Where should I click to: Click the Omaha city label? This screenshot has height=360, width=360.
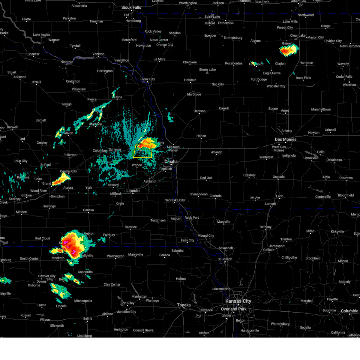(x=171, y=162)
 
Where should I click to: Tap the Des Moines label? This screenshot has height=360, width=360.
(x=286, y=139)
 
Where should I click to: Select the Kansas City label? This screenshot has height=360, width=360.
(x=238, y=301)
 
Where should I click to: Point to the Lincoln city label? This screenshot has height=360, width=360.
(x=133, y=191)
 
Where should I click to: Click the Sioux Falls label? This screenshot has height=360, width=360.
(x=131, y=7)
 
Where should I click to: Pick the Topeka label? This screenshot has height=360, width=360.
(x=184, y=305)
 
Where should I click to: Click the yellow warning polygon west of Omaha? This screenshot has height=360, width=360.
(x=143, y=151)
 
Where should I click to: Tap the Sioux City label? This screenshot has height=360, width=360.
(x=148, y=79)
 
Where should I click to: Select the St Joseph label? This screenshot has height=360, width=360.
(x=225, y=259)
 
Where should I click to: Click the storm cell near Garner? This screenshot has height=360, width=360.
(x=289, y=50)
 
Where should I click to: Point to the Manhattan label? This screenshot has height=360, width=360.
(x=139, y=296)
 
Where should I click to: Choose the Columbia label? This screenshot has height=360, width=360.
(x=349, y=311)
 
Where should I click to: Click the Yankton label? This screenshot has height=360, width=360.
(x=98, y=54)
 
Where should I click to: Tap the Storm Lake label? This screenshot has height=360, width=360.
(x=207, y=70)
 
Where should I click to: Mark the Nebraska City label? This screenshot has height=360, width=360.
(x=175, y=200)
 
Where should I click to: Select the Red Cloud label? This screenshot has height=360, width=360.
(x=43, y=238)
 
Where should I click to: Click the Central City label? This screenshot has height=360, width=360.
(x=68, y=172)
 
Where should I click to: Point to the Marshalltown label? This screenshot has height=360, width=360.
(x=321, y=109)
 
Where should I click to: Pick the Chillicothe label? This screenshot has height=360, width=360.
(x=289, y=257)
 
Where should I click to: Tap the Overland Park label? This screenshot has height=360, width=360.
(x=234, y=309)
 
